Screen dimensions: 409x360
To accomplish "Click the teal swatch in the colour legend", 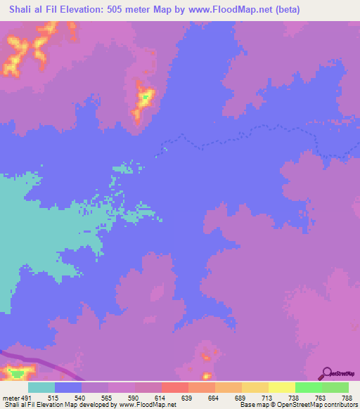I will coord(41,388).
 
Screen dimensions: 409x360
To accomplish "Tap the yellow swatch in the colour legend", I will coord(281,388).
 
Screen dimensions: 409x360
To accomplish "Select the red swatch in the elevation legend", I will coord(174,388).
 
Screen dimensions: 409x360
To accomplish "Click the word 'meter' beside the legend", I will coord(11,398).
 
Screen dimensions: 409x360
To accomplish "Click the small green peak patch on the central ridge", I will coord(145,96).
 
